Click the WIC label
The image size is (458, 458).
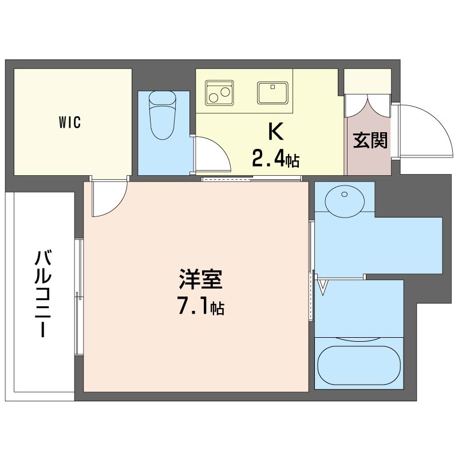point(70,122)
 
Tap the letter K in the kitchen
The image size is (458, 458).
point(276,132)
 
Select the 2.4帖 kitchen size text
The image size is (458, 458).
point(275,159)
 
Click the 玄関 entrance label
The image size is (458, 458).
point(370,140)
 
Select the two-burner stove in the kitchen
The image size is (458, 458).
point(220,90)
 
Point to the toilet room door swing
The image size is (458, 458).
point(211,153)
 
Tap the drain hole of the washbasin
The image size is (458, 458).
point(345,195)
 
